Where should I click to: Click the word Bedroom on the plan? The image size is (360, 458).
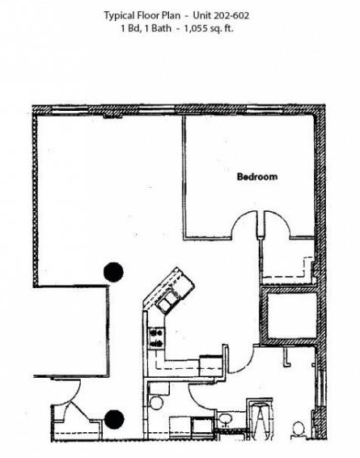[257, 176]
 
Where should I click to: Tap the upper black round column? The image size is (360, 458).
[113, 272]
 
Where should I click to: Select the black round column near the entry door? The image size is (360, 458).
[114, 419]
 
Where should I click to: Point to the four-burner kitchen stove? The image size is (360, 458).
[156, 338]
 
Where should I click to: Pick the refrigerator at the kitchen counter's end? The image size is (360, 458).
[211, 366]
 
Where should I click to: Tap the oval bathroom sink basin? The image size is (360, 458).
[225, 420]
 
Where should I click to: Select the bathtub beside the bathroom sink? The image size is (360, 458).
[260, 419]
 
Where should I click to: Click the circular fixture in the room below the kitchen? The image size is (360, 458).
[156, 402]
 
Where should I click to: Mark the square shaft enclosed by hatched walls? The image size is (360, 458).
[290, 315]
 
